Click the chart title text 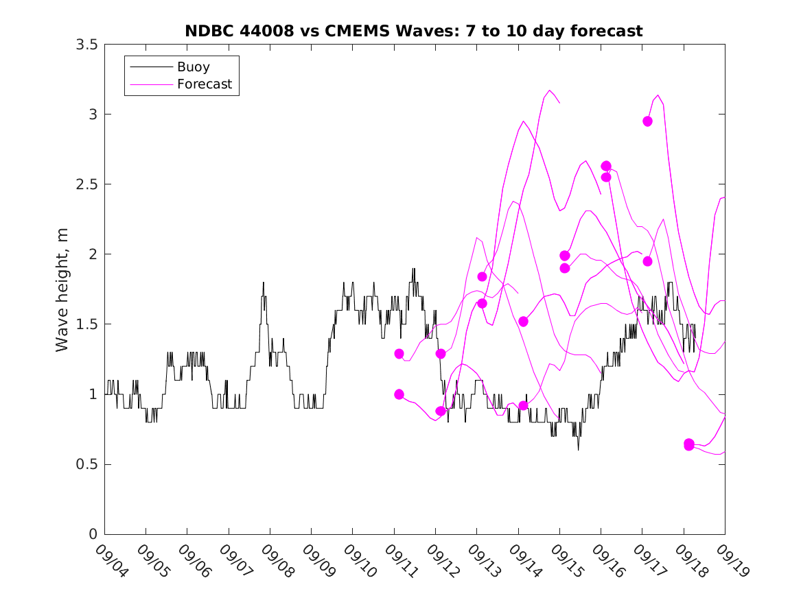coord(413,31)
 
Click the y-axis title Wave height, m coord(62,289)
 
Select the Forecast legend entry coord(204,85)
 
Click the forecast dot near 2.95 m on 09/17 coord(647,121)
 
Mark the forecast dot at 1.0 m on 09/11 coord(399,394)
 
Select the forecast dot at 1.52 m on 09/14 coord(523,322)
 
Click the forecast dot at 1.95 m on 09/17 coord(647,261)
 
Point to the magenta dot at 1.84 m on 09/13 coord(482,276)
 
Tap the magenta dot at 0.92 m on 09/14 coord(523,405)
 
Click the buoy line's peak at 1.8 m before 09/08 coord(263,283)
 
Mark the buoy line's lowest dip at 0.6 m coord(578,450)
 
